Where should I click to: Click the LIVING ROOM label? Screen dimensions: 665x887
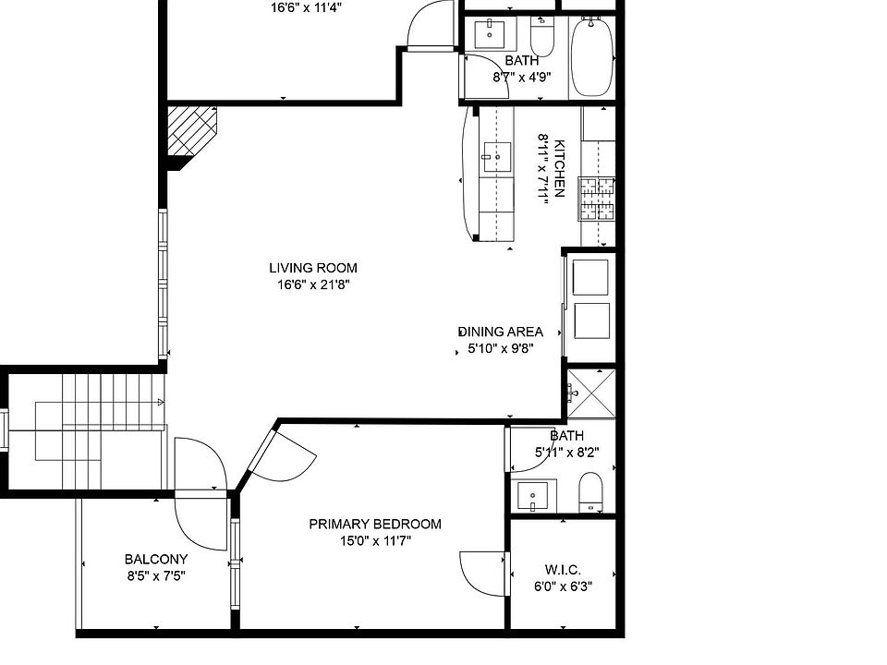click(x=313, y=268)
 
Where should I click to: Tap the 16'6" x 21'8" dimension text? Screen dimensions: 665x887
click(x=313, y=284)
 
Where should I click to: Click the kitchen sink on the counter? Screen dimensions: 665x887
click(x=497, y=157)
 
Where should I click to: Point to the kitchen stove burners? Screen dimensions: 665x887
click(x=597, y=198)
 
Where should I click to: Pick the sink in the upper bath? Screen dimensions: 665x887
click(x=489, y=35)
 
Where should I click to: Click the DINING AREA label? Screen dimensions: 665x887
click(x=501, y=332)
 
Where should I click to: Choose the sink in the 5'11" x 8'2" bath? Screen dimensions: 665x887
click(x=534, y=496)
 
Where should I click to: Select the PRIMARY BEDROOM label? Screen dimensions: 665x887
click(x=374, y=524)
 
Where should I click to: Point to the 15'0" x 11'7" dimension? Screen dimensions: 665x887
click(x=374, y=541)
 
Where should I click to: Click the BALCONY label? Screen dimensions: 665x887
click(x=156, y=559)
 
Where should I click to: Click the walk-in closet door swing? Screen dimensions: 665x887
click(x=482, y=573)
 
